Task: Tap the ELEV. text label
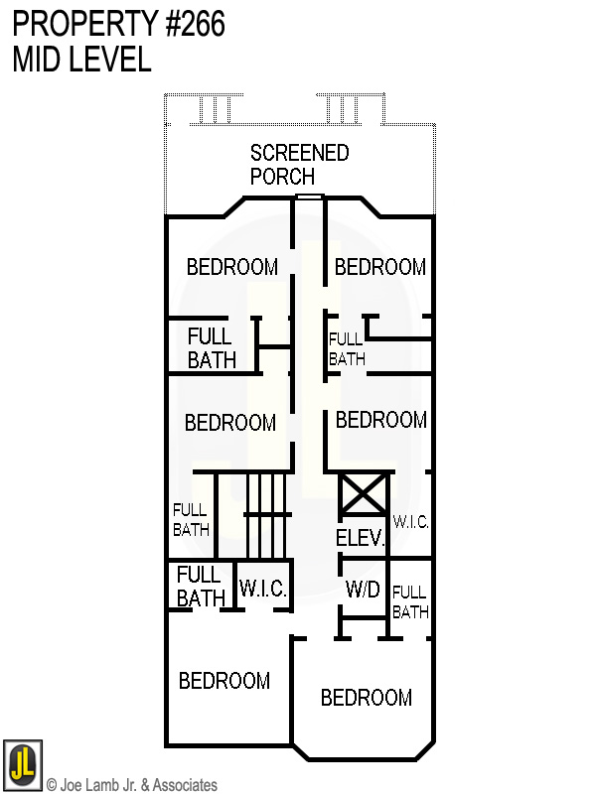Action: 360,539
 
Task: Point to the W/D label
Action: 363,589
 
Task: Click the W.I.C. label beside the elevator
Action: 410,521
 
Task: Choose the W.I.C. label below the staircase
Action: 263,589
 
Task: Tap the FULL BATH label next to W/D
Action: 409,602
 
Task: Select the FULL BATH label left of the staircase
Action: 191,520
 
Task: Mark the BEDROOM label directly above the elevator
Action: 380,420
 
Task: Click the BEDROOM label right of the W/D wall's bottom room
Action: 366,698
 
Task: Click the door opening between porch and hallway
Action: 310,198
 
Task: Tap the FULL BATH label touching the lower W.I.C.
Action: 200,586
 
